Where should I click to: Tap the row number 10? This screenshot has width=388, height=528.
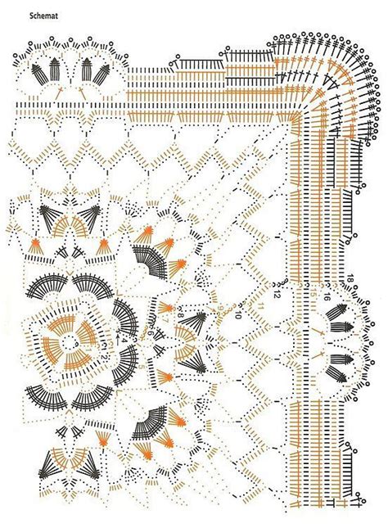click(237, 314)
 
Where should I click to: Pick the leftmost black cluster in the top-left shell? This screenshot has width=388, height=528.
click(38, 74)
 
